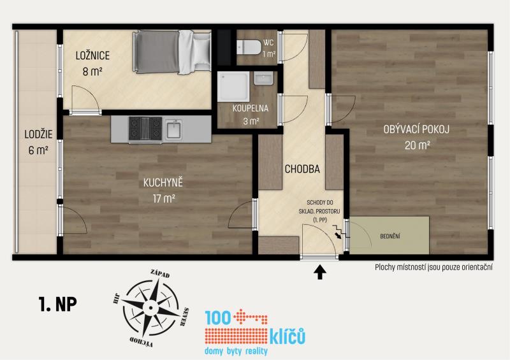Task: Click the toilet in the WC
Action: [249, 48]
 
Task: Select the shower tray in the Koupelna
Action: [233, 86]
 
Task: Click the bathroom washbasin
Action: [264, 79]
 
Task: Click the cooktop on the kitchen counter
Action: [145, 129]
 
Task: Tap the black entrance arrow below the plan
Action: [320, 272]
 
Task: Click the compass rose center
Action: [150, 308]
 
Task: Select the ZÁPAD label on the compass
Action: [160, 274]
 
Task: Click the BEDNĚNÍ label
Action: [390, 236]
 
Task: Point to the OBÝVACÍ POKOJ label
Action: [416, 129]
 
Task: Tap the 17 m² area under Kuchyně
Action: [164, 198]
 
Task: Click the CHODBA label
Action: [302, 169]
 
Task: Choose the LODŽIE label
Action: [38, 134]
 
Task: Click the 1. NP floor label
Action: [58, 304]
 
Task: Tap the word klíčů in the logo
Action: [288, 336]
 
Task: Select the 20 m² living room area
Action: [418, 145]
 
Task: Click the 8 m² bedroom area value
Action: [92, 71]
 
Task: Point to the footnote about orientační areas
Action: [433, 268]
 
